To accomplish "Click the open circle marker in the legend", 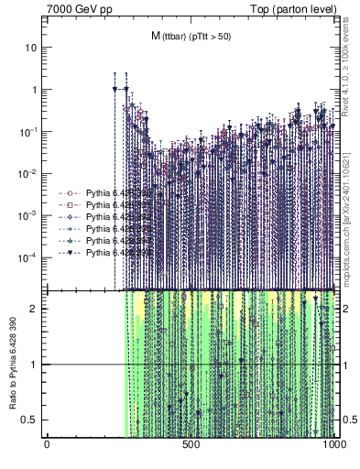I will click(70, 194).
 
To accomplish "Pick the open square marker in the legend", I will click(70, 205).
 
